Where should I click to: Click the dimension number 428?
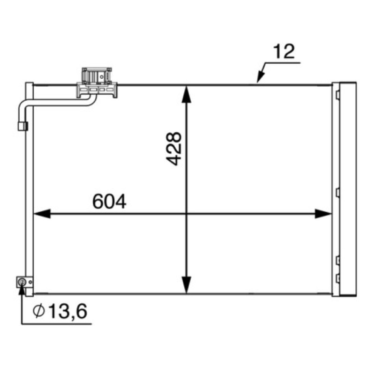[174, 149]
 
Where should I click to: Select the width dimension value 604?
[109, 202]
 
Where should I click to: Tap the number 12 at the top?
[284, 51]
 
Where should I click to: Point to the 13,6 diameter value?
[68, 311]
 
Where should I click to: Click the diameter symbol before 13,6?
[39, 311]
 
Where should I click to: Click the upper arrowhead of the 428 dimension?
[187, 95]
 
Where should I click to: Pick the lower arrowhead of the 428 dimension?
[187, 285]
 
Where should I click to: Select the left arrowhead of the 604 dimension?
[42, 214]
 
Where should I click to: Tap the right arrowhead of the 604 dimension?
[323, 214]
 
